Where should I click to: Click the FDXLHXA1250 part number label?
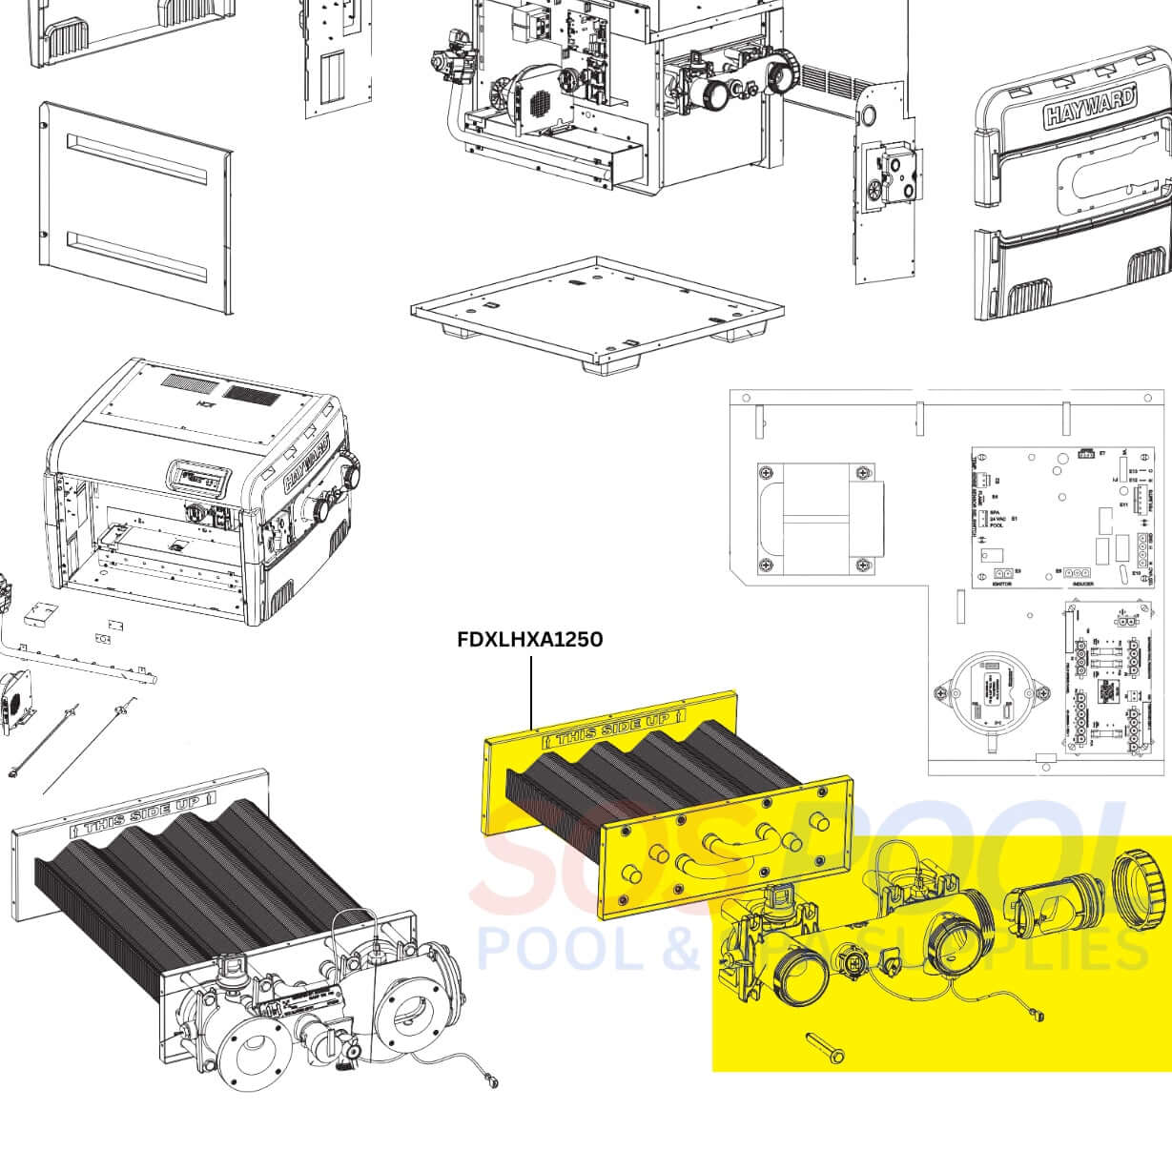pyautogui.click(x=530, y=639)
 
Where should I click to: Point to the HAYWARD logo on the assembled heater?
pyautogui.click(x=306, y=463)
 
